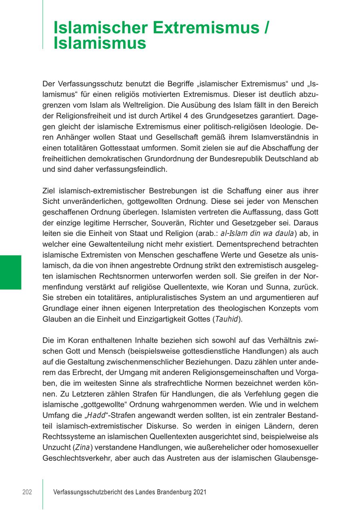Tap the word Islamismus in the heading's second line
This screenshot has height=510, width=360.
[100, 43]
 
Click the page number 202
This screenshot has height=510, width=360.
[27, 492]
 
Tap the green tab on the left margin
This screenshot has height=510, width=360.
[10, 272]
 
